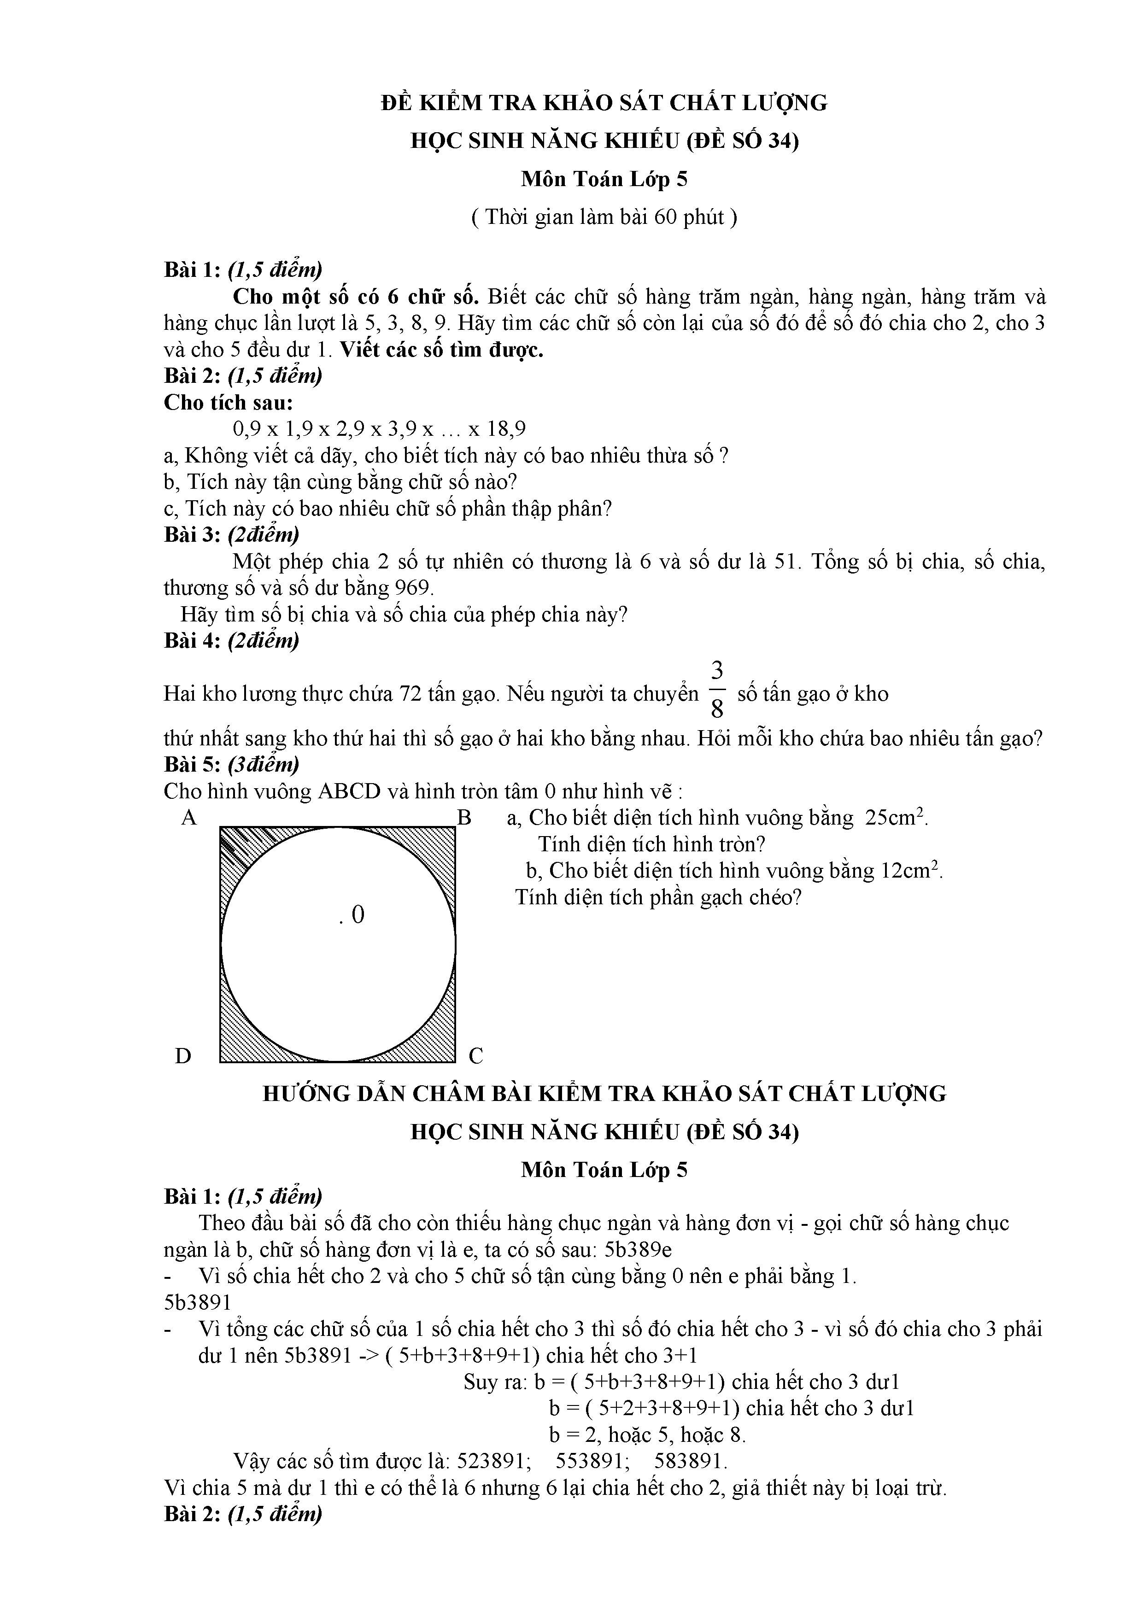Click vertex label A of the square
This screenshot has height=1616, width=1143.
tap(188, 818)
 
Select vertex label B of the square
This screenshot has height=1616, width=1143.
tap(464, 818)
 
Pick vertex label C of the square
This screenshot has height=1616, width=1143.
tap(476, 1056)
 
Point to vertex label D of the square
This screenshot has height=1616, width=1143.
tap(183, 1056)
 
